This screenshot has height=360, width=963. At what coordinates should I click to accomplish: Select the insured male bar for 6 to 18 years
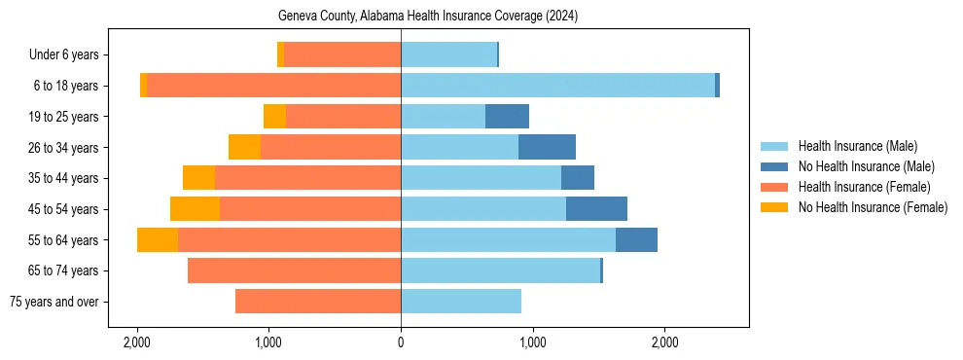[x=557, y=86]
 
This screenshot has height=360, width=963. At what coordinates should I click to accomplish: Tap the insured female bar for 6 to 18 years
[x=273, y=86]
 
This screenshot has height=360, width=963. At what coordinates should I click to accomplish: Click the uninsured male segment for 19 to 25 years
[x=507, y=117]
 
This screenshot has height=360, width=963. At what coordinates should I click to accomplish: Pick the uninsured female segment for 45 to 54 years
[x=195, y=209]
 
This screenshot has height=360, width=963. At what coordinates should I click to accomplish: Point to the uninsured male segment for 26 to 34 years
[x=547, y=147]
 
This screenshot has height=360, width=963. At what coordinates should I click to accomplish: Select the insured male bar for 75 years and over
[x=461, y=302]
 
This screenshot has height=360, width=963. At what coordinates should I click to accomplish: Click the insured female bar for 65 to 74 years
[x=294, y=270]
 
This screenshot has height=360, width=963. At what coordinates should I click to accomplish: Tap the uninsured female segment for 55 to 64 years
[x=158, y=240]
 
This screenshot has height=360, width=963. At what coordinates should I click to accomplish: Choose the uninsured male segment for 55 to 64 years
[x=636, y=240]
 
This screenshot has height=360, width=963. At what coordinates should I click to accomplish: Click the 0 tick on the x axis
[x=401, y=342]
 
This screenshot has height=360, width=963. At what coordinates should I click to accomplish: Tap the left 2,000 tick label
[x=137, y=342]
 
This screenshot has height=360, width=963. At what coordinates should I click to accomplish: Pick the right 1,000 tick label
[x=532, y=342]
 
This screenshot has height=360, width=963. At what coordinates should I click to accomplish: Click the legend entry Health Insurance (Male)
[x=857, y=146]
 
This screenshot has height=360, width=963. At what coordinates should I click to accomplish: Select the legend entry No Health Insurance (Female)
[x=873, y=207]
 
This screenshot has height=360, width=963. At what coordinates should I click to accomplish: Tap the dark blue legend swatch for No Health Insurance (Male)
[x=774, y=166]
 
